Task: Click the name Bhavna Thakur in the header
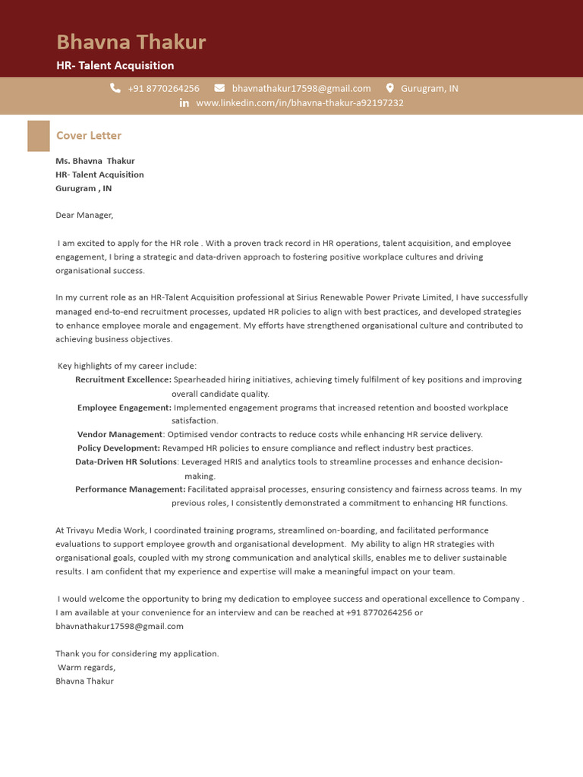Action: [131, 42]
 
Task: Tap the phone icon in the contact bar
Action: [115, 88]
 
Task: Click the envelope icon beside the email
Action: [219, 88]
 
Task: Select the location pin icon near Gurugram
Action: [390, 88]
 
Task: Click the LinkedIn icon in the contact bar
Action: [184, 102]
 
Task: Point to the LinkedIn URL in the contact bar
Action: [299, 102]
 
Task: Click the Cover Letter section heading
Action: [89, 135]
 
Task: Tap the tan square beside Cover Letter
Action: [38, 135]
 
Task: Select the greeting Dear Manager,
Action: [84, 215]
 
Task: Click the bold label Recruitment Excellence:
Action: [123, 379]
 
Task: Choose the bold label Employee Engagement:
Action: [124, 407]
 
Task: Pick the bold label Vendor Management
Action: [120, 435]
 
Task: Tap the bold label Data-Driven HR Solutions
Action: [126, 461]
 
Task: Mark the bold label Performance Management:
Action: [130, 489]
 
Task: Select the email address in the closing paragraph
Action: [120, 626]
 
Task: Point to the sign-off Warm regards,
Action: [87, 667]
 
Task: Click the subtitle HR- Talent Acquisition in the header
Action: [115, 66]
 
